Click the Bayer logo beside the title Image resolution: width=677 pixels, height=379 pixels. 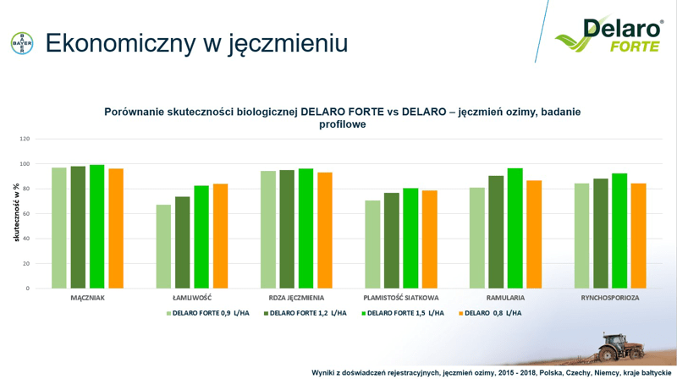(22, 43)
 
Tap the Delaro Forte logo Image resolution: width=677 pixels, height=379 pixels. (609, 35)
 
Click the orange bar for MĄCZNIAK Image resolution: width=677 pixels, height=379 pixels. (116, 228)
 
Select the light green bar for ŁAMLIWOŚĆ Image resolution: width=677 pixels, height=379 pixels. (163, 246)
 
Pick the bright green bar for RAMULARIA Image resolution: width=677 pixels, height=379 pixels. (515, 228)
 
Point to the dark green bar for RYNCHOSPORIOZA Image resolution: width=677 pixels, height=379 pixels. (601, 233)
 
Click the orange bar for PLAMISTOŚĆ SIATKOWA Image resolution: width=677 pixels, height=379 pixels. (430, 239)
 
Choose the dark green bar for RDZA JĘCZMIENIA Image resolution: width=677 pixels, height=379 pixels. (287, 229)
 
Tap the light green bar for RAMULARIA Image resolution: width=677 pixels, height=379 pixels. (477, 238)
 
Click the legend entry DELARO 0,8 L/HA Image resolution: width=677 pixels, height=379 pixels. (490, 313)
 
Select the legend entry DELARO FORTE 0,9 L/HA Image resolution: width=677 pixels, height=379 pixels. (208, 313)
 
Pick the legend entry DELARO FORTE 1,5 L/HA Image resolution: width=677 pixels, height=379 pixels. (403, 313)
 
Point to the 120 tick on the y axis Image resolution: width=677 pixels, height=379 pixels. (25, 139)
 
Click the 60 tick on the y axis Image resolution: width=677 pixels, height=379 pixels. (26, 214)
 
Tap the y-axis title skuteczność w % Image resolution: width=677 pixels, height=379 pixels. (16, 212)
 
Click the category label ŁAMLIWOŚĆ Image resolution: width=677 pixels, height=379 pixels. (192, 298)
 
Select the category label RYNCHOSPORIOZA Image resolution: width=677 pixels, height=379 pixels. (610, 298)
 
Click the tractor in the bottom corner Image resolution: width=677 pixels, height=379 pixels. (620, 347)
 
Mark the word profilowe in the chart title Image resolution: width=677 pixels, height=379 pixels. (343, 124)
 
